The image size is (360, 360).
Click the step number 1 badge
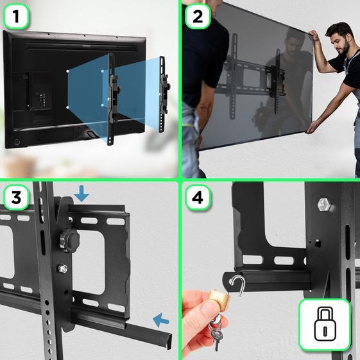pyautogui.click(x=17, y=17)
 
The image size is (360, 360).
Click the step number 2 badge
pyautogui.click(x=197, y=17)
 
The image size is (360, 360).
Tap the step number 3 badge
pyautogui.click(x=17, y=198)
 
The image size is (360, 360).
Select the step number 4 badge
pyautogui.click(x=197, y=198)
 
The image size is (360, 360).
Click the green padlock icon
pyautogui.click(x=325, y=325)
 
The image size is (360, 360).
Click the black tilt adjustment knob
pyautogui.click(x=67, y=239)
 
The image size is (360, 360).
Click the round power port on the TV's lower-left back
pyautogui.click(x=16, y=141)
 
